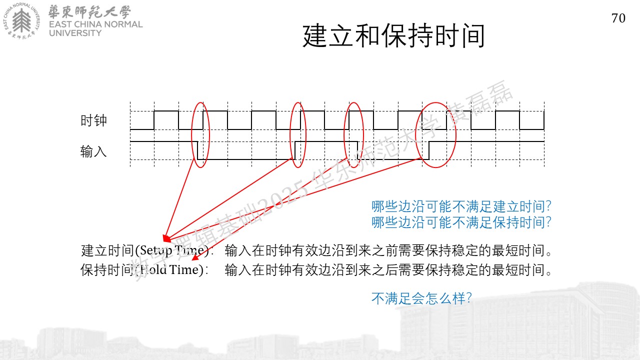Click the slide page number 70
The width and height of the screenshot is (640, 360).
[x=618, y=18]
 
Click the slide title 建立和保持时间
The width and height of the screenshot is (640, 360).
[x=393, y=36]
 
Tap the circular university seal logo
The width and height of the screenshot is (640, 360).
[x=21, y=20]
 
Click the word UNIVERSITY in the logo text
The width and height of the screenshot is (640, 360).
[x=75, y=33]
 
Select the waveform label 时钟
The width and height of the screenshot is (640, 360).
[x=93, y=120]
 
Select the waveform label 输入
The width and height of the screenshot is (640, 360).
[x=93, y=151]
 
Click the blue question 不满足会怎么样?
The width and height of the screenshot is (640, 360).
[x=421, y=298]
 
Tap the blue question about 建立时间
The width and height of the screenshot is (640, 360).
[x=461, y=206]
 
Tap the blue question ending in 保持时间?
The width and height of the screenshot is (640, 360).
[x=461, y=222]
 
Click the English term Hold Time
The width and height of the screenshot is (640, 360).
[x=170, y=269]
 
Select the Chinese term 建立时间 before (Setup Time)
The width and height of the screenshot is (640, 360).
[x=107, y=250]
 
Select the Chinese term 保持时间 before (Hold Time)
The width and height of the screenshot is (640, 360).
[x=107, y=269]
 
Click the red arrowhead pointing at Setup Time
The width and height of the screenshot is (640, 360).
[x=166, y=238]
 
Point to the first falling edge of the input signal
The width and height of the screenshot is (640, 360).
[x=197, y=150]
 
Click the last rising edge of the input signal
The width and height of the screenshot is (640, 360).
[x=429, y=150]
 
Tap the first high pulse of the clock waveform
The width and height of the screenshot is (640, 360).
[x=166, y=111]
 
